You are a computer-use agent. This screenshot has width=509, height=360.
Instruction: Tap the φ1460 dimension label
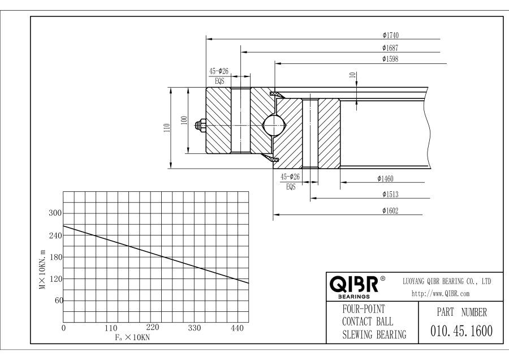click(386, 179)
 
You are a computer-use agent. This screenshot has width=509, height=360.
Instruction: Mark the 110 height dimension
click(164, 128)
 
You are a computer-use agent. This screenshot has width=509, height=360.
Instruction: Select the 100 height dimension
click(183, 120)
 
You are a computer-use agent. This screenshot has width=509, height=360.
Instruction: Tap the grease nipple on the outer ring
click(200, 125)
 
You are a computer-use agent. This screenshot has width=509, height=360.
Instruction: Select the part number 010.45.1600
click(461, 331)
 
